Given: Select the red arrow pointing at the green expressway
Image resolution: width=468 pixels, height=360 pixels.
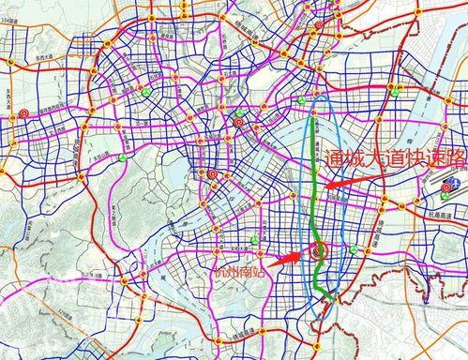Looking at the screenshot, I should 347,186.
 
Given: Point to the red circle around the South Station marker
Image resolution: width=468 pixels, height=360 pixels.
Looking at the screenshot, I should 319,249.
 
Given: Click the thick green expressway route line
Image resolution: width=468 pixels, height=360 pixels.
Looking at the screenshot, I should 312,178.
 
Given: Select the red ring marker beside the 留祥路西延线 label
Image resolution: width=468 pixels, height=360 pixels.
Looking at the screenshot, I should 23,115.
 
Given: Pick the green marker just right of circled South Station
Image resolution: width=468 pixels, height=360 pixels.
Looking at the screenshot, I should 354,250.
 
